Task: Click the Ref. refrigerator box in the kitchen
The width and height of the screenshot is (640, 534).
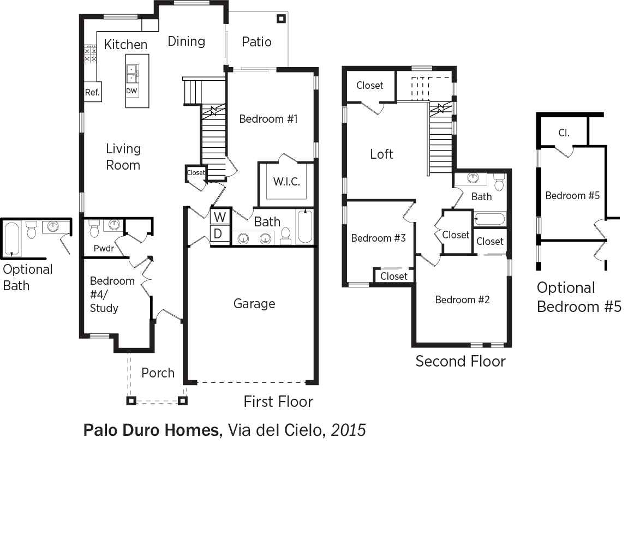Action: (92, 93)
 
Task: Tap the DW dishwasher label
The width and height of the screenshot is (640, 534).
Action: (131, 91)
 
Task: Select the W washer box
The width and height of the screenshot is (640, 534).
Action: (220, 217)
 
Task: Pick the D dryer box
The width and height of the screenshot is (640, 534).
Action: (220, 234)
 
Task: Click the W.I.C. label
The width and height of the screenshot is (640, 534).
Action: (286, 182)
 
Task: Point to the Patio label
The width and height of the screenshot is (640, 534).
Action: (256, 41)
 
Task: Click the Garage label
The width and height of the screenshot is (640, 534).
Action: (254, 304)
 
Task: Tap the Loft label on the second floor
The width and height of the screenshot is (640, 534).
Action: (381, 154)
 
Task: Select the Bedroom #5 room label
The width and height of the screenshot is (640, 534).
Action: (572, 196)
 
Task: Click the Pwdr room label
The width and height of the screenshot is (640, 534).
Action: (104, 248)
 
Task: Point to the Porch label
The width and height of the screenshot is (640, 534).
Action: (158, 373)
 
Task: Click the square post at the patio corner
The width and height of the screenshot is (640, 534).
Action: (281, 19)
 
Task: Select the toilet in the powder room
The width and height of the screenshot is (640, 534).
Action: (94, 229)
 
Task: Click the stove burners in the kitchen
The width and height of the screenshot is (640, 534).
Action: (90, 54)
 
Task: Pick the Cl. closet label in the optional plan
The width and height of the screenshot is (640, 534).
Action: (564, 133)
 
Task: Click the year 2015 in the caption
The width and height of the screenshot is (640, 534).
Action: (348, 430)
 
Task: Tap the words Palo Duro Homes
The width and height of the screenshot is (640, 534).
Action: (151, 430)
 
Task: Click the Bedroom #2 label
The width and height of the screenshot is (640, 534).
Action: (462, 300)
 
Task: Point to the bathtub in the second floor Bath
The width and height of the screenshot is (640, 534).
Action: (490, 219)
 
